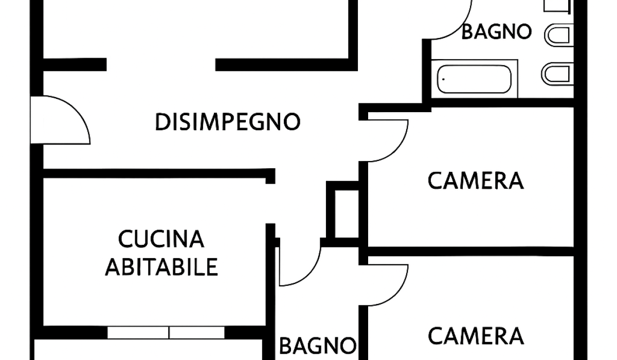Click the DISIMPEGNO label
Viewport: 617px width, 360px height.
(x=227, y=122)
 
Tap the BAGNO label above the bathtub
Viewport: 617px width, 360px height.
(x=496, y=32)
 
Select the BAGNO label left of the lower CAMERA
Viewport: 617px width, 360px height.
(x=317, y=344)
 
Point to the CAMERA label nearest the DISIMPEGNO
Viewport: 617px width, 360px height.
(x=476, y=181)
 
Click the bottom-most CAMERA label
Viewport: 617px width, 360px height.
(x=476, y=336)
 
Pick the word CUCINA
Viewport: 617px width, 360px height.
(x=161, y=239)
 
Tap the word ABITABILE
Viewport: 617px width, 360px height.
(x=161, y=267)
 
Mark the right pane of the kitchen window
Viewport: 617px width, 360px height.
(x=197, y=333)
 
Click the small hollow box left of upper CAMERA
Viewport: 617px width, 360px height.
(x=346, y=213)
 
